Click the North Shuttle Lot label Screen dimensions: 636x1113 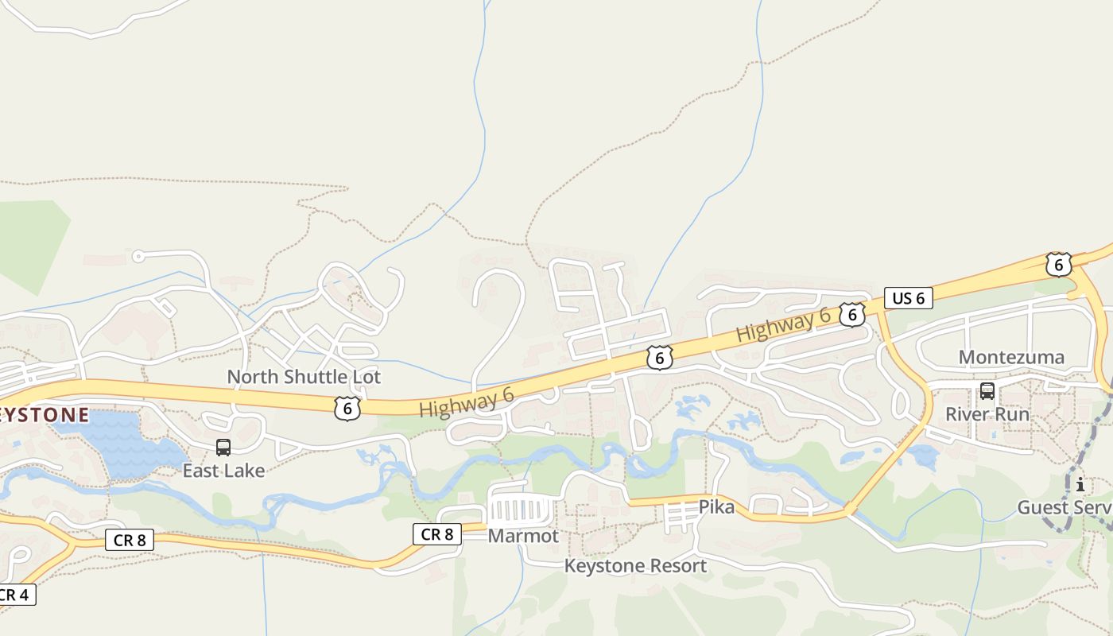tap(304, 377)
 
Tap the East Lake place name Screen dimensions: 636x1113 tap(223, 471)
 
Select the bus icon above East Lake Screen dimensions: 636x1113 tap(223, 447)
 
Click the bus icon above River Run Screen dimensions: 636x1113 tap(987, 390)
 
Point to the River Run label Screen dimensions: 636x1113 tap(987, 414)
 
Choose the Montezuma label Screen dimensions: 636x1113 tap(1011, 357)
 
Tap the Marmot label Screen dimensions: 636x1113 tap(523, 536)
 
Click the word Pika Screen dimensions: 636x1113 tap(716, 506)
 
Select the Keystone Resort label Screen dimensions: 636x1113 tap(635, 566)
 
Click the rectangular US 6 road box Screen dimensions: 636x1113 tap(908, 298)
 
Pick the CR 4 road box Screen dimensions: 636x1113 tap(16, 595)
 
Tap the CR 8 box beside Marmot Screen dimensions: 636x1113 tap(437, 534)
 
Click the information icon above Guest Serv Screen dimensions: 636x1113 tap(1080, 484)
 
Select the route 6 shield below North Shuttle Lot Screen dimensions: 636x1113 tap(347, 409)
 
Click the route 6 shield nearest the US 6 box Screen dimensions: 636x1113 tap(851, 315)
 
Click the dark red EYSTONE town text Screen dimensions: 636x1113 tap(44, 415)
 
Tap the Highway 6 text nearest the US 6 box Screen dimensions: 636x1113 tap(783, 326)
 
